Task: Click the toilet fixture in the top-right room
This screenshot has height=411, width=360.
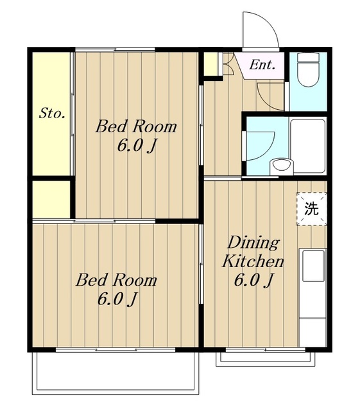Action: pos(309,69)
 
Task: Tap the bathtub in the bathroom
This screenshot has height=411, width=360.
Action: pos(308,146)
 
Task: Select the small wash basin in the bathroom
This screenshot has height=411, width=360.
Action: pos(282,166)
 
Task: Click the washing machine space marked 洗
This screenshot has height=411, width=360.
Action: pos(311,209)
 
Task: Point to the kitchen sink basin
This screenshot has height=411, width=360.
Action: pos(313,266)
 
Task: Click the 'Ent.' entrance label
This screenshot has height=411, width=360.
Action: pos(262,65)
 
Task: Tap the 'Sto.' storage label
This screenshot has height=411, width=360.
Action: pos(52,114)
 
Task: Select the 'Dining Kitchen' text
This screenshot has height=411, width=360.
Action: pos(253,252)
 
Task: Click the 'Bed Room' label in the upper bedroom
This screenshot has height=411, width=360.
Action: pos(136,127)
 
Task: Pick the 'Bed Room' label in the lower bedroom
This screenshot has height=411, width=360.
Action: pos(116,280)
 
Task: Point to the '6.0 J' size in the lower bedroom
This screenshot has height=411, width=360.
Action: pos(117,299)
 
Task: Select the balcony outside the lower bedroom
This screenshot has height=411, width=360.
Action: pos(116,373)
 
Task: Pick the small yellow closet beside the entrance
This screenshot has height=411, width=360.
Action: pos(210,64)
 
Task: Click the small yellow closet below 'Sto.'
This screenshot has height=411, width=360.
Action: pos(51,199)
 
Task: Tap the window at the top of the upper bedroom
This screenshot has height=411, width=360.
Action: pos(115,49)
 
